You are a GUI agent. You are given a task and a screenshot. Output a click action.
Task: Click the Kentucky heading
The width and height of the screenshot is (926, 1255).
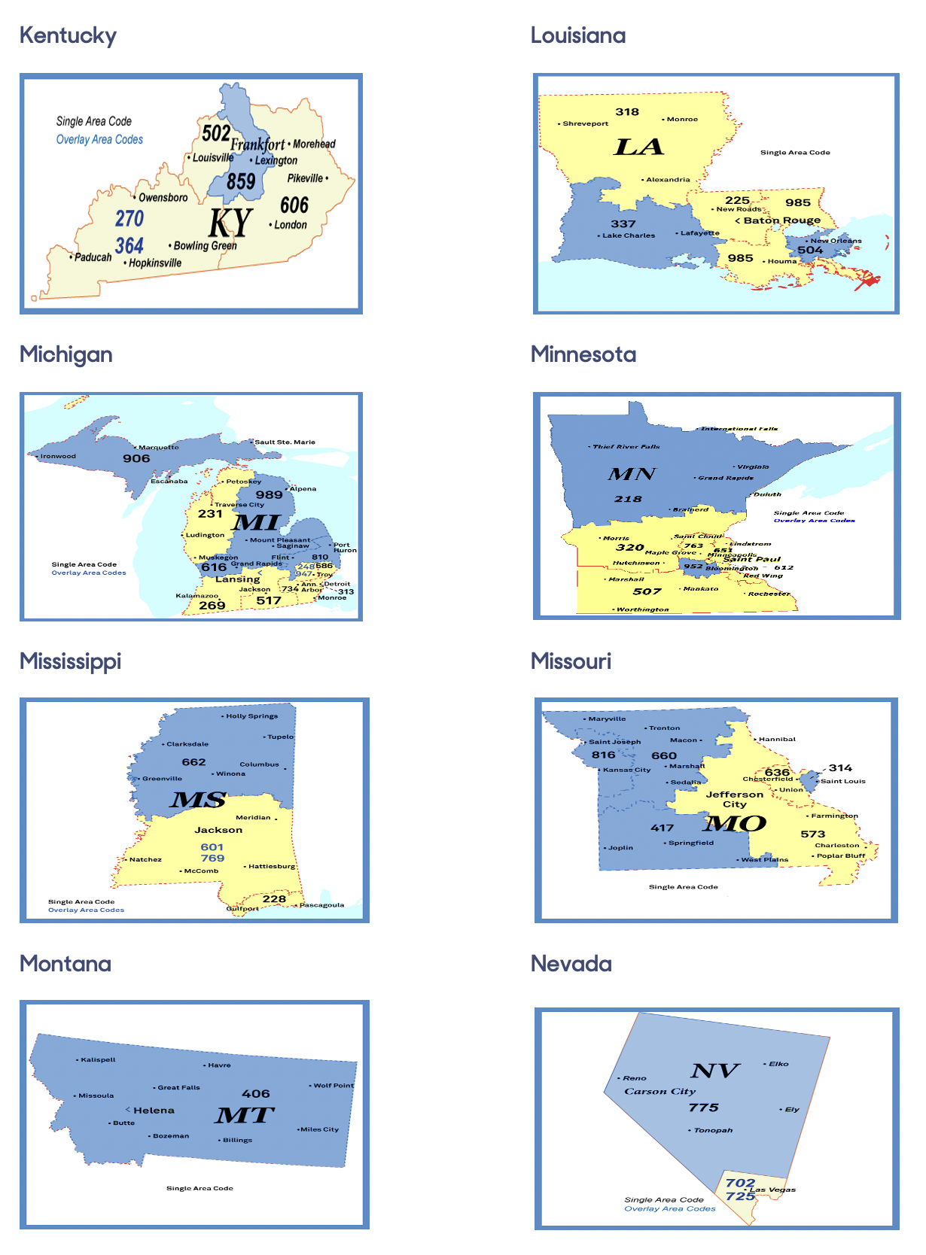[x=68, y=35]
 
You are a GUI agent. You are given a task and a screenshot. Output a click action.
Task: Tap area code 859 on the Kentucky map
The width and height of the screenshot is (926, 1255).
[x=241, y=181]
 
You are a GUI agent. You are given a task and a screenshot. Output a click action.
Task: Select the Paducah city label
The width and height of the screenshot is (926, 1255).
[x=93, y=257]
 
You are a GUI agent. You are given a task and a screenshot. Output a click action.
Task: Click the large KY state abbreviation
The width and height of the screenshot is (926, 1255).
[x=230, y=223]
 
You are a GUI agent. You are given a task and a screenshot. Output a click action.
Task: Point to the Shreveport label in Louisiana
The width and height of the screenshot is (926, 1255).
[x=586, y=123]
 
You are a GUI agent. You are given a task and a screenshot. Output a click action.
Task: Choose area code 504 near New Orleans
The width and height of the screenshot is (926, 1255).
[x=810, y=251]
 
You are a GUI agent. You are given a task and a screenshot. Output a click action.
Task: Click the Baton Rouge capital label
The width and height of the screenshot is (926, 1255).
[x=781, y=220]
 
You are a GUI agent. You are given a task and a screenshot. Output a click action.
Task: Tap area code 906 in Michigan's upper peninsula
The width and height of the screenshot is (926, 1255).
[x=136, y=458]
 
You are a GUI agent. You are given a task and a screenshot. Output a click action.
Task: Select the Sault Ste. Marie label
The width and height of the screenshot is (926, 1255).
[x=285, y=442]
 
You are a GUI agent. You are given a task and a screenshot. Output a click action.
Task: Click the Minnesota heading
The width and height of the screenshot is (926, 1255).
[x=583, y=354]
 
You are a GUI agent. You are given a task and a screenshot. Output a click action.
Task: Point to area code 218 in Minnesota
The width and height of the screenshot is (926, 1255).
[x=628, y=499]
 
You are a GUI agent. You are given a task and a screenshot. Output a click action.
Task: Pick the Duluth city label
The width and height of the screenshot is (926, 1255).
[x=768, y=494]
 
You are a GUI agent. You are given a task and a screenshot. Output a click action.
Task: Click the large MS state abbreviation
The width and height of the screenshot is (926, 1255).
[x=198, y=800]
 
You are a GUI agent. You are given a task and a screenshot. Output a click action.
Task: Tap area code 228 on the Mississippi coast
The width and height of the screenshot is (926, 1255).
[x=274, y=898]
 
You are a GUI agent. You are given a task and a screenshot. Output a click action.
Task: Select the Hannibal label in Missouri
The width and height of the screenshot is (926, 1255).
[x=777, y=739]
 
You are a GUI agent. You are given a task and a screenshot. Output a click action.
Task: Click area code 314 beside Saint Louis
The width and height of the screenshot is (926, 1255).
[x=840, y=768]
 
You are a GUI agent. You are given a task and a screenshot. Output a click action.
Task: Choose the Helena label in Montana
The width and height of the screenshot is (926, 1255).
[x=154, y=1111]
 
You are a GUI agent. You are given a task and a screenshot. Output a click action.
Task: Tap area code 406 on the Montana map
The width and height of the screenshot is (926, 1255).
[x=256, y=1094]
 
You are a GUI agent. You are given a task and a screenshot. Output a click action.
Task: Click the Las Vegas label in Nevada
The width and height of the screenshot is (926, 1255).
[x=772, y=1190]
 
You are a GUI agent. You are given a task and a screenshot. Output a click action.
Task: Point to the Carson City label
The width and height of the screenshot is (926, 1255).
[x=659, y=1092]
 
